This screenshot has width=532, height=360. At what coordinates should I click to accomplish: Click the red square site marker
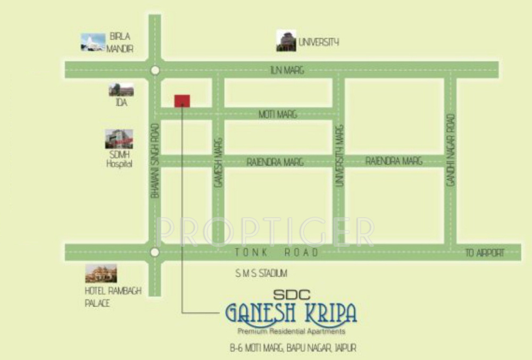(182, 101)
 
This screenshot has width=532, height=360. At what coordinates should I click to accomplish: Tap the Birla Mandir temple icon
(93, 43)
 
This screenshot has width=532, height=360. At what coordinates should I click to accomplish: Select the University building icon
(286, 41)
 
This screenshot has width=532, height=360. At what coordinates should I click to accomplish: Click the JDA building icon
(121, 90)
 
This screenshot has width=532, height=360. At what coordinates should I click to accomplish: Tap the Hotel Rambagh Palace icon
(101, 273)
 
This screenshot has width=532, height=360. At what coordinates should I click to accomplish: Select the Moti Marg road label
(278, 114)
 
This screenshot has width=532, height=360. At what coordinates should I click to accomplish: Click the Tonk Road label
(278, 252)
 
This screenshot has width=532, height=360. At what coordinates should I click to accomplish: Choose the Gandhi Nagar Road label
(451, 150)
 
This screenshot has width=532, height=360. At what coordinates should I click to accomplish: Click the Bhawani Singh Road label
(155, 161)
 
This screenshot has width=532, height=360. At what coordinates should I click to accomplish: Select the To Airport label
(485, 253)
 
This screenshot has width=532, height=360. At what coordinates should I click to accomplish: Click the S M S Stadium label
(261, 273)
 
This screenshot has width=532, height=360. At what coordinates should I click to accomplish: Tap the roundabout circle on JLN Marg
(155, 70)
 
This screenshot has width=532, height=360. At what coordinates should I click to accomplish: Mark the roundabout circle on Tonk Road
(155, 252)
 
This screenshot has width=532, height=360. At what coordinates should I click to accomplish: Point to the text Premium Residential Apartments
(292, 331)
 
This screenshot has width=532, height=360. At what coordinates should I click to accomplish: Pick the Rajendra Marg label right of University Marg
(394, 161)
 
